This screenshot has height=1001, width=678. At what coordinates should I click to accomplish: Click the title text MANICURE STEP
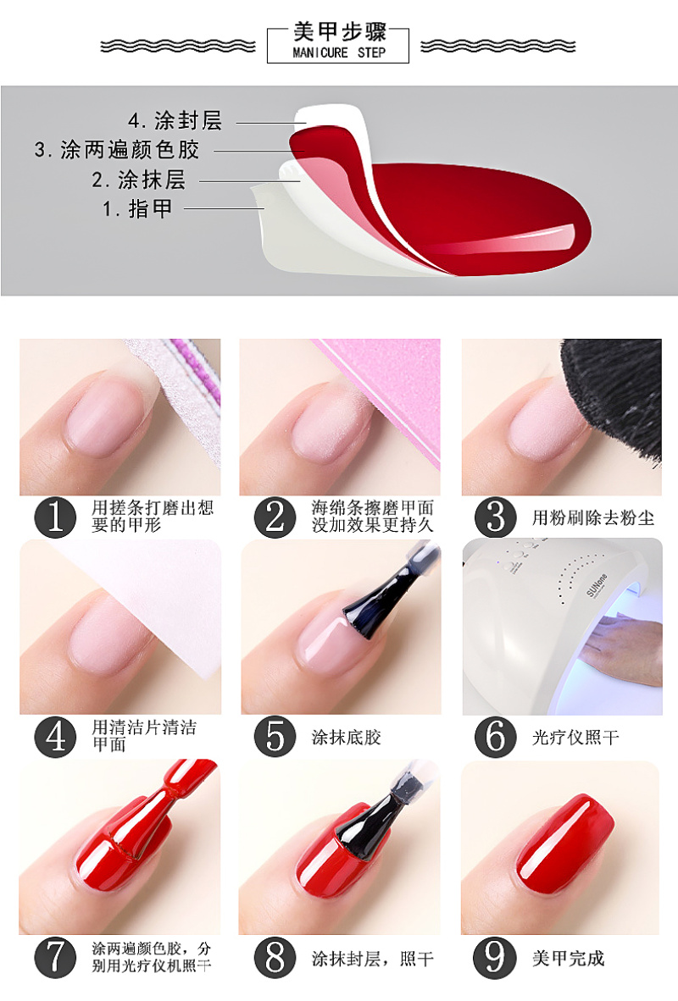[339, 53]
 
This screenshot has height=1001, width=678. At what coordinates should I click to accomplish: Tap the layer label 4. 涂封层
[175, 120]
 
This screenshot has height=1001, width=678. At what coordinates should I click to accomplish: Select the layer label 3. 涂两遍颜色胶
[117, 149]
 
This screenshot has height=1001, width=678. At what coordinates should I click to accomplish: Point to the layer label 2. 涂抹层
[139, 180]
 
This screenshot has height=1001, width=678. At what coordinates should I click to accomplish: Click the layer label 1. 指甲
[137, 208]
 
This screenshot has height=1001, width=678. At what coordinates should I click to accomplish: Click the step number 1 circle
[56, 517]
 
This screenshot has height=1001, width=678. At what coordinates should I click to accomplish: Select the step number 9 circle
[494, 957]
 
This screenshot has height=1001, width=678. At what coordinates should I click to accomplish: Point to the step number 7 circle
[56, 957]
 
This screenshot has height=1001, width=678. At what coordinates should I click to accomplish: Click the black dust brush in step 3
[614, 395]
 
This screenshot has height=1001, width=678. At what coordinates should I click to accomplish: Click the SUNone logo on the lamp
[597, 585]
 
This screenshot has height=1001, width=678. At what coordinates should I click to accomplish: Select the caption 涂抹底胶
[347, 738]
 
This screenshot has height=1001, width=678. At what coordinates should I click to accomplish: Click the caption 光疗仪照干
[575, 738]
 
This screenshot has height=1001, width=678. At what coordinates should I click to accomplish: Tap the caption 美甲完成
[568, 958]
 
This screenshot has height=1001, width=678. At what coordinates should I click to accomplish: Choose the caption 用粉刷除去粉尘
[593, 517]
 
